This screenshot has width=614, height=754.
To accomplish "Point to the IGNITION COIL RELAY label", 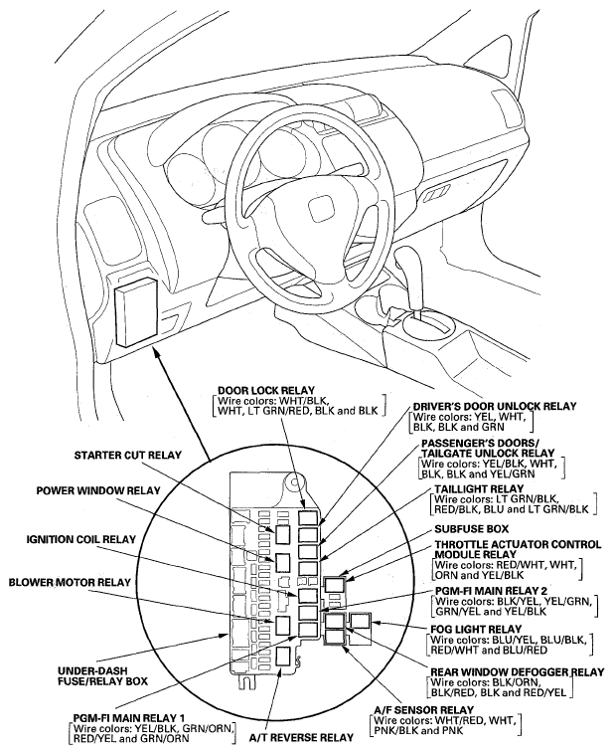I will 80,539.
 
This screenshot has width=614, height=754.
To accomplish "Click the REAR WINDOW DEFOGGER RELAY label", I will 515,671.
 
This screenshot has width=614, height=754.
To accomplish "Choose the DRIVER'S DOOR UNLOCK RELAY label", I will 494,406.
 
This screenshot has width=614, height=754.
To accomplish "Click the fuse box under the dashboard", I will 136,311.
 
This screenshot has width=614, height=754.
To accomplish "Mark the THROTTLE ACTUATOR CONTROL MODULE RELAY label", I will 516,551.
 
